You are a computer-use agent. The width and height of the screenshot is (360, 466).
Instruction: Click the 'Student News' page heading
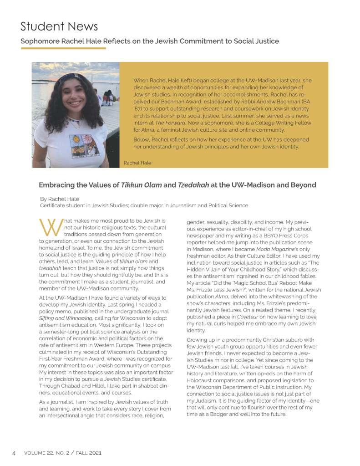pos(59,26)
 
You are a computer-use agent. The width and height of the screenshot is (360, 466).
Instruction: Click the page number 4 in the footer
pos(14,453)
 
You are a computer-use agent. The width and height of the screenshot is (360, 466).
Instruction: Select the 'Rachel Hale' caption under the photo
pos(137,163)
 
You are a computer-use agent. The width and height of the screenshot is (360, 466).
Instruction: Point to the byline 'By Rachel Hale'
pos(60,199)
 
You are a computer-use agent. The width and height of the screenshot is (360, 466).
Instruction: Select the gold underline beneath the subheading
pos(63,48)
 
